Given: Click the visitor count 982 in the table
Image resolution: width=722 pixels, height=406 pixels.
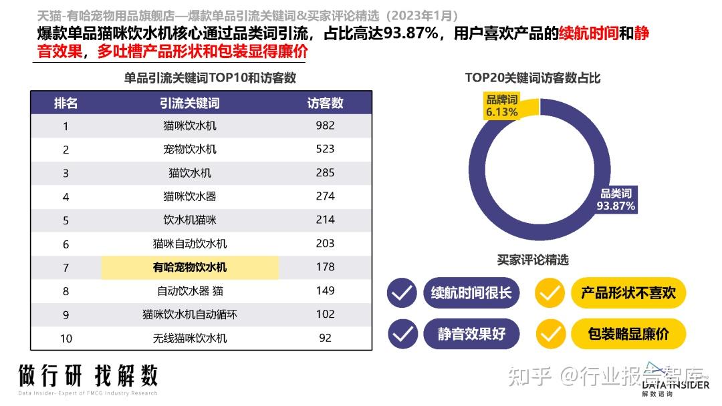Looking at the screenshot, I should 325,126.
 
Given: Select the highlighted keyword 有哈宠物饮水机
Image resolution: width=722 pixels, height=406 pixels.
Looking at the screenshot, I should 190,267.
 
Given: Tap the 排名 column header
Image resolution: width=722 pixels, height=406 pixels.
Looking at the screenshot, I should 66,103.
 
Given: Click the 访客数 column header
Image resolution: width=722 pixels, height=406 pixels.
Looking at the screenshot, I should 325,103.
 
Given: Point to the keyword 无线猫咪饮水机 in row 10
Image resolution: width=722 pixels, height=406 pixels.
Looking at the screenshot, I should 190,338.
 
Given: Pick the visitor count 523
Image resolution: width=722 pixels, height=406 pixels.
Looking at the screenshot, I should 325,149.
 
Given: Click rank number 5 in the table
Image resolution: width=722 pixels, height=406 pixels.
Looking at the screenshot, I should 66,220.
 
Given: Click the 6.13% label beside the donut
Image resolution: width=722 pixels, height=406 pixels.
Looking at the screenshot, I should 501,112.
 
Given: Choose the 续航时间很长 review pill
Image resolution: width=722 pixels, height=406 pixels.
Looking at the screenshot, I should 471,292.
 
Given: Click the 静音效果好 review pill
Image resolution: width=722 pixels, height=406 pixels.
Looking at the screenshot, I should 471,334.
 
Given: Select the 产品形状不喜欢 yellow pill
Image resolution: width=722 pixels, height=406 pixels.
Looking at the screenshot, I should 628,292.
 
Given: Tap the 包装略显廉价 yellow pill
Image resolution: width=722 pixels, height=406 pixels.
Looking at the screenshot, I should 628,334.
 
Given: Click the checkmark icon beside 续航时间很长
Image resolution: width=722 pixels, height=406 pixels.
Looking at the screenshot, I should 402,292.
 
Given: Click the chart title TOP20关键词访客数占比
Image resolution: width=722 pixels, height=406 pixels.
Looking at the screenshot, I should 533,78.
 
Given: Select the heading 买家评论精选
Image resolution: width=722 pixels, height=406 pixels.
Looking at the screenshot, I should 533,260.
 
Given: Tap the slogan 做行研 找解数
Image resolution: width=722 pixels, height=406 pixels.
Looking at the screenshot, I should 88,376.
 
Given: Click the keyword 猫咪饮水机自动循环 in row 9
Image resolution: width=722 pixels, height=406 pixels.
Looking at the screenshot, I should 190,315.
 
